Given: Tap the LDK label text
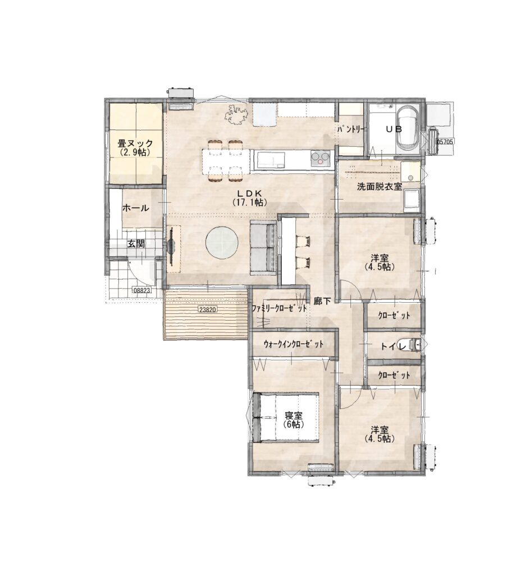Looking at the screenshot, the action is (x=249, y=193).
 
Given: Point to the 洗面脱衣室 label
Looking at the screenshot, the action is (x=380, y=187).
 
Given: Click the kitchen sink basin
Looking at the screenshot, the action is (x=271, y=160).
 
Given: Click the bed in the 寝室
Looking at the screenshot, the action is (x=286, y=417).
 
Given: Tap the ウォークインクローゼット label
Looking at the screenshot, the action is (x=293, y=344).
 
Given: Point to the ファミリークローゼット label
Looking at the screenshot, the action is (x=279, y=309).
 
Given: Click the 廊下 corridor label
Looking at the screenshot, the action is (x=322, y=301).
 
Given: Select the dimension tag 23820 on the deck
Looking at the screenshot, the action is (x=208, y=309).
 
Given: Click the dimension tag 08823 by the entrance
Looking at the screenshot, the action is (x=142, y=290).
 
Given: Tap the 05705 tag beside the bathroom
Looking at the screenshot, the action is (x=445, y=141).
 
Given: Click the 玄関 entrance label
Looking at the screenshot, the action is (x=136, y=244).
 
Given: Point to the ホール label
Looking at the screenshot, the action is (x=136, y=209).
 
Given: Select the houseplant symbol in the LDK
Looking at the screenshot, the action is (x=236, y=114).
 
